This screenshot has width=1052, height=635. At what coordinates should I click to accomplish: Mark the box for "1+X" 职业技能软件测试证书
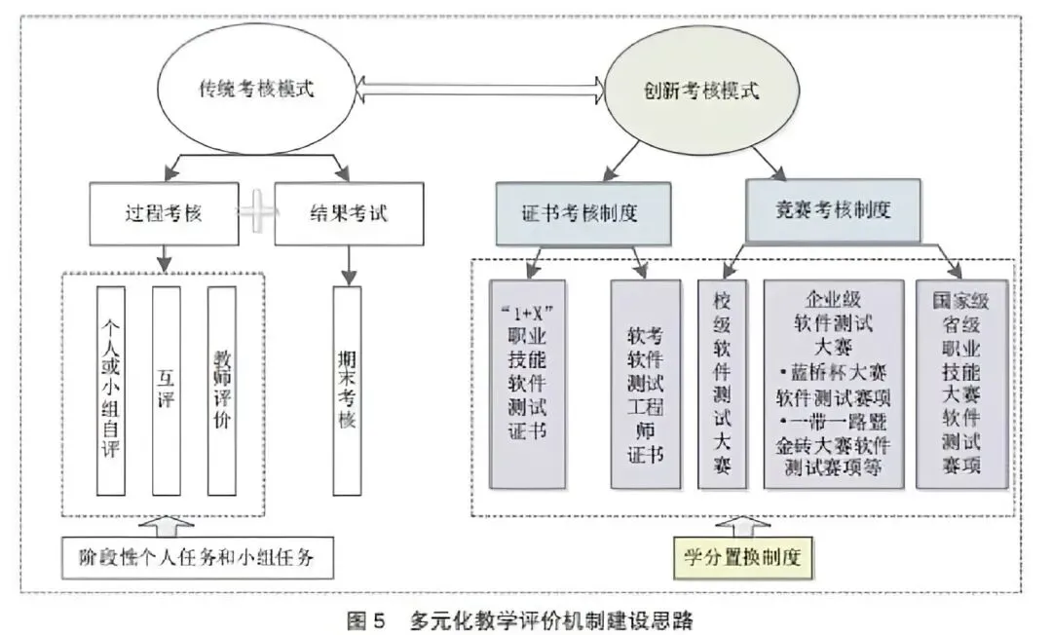pyautogui.click(x=527, y=385)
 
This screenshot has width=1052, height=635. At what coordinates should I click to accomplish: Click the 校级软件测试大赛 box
pyautogui.click(x=722, y=385)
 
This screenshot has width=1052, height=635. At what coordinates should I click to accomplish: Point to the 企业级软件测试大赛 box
pyautogui.click(x=833, y=385)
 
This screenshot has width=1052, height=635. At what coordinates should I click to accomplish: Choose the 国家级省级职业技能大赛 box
pyautogui.click(x=961, y=385)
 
